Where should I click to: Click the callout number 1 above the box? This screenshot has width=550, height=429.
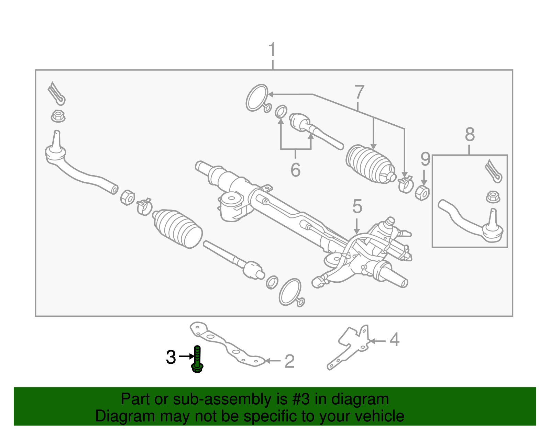coord(272,49)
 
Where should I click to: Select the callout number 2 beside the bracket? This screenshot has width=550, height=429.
coord(290,361)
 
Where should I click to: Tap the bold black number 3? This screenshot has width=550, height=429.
coord(171,357)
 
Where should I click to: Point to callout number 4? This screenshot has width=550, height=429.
coord(395,340)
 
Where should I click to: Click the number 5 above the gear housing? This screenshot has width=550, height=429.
coord(357,206)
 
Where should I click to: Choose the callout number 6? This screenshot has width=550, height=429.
coord(295,170)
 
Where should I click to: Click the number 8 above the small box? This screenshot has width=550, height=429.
coord(470,134)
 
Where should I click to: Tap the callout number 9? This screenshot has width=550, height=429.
coord(425,159)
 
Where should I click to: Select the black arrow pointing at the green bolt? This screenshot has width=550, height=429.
coord(187,357)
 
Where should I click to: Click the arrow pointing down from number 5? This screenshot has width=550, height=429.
coord(356,226)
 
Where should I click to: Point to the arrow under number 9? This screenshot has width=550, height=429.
coord(424,178)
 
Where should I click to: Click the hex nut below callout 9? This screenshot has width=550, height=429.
coord(422,193)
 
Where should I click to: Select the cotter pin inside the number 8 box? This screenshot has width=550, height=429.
coord(493,171)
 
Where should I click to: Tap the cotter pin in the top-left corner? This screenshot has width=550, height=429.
coord(57,93)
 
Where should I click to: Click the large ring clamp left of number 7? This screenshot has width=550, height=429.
coord(257,98)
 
